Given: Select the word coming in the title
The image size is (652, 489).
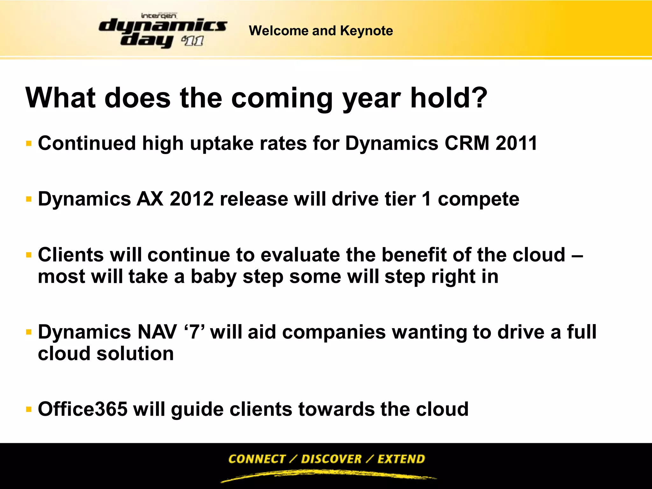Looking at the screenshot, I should click(x=282, y=99).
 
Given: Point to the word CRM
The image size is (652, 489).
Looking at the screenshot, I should click(x=467, y=143).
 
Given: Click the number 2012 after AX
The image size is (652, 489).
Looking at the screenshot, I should click(x=192, y=199).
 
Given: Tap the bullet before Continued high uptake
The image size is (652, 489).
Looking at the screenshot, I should click(x=29, y=144).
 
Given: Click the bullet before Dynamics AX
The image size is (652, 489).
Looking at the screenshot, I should click(x=29, y=200).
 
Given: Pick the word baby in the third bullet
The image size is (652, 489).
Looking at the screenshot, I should click(x=214, y=276).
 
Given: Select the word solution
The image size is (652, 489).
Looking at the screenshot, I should click(x=135, y=353).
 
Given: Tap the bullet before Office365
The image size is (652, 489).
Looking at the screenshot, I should click(x=29, y=409).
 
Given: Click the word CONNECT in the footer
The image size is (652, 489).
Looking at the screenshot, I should click(x=257, y=459).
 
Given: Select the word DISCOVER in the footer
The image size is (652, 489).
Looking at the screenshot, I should click(x=331, y=459).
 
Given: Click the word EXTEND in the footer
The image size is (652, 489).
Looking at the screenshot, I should click(x=401, y=459).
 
